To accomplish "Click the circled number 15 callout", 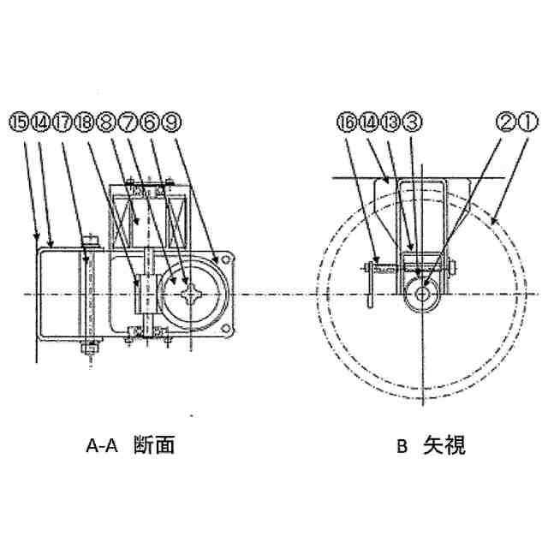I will [x=17, y=122].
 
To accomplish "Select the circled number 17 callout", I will [x=64, y=122].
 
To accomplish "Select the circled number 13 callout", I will [x=390, y=122].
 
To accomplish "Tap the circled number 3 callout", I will [x=412, y=122].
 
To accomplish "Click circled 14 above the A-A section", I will [x=40, y=122].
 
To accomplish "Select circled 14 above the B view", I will [x=367, y=122].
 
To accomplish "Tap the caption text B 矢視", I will [x=431, y=445].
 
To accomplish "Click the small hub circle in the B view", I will [x=423, y=293].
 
